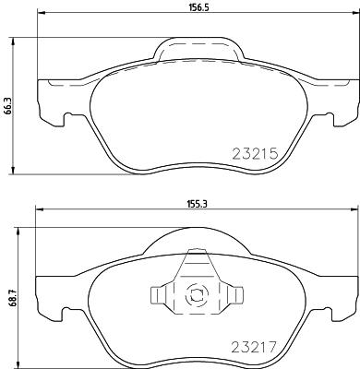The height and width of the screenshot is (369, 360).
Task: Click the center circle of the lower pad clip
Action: coord(196,296)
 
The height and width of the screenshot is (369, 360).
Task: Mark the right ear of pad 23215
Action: coord(342,101)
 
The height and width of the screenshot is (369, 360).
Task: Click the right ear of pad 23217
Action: coord(341,295)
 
